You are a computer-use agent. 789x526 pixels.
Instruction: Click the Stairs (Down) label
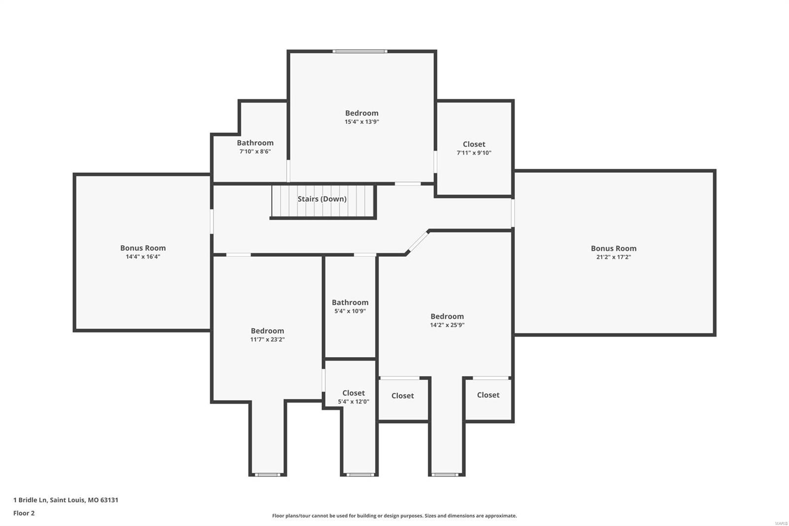322,199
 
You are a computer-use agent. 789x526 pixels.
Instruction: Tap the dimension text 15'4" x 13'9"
361,122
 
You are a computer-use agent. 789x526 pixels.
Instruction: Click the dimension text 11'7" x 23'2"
267,339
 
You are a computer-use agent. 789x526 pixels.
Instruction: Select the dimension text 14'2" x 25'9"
447,325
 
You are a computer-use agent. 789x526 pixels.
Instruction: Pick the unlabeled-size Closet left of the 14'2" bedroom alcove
402,396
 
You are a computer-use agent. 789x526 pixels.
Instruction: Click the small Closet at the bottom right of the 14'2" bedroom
488,395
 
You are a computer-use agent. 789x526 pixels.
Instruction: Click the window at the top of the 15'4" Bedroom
359,51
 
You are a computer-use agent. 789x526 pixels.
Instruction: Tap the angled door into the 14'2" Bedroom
418,242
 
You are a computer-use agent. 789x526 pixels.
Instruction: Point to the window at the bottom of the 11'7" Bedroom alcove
267,475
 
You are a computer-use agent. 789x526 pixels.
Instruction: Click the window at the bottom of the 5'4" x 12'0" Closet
359,475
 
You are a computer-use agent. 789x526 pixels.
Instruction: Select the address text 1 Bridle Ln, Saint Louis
66,500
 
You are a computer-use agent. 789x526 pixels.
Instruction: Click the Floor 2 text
24,513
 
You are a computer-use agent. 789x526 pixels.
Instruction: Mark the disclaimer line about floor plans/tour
394,516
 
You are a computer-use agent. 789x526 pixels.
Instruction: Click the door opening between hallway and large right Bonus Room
513,213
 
